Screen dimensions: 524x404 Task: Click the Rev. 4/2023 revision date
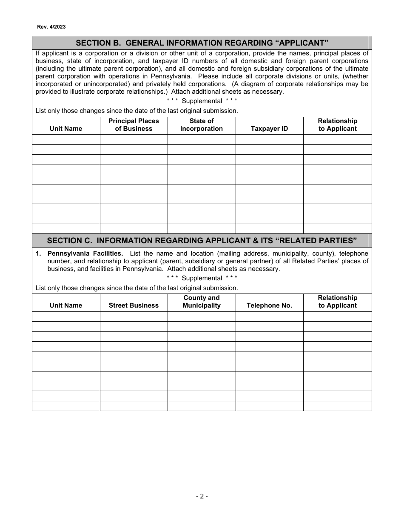[x=51, y=26]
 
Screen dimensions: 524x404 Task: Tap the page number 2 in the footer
[x=202, y=496]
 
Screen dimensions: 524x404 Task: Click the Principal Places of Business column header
[x=134, y=125]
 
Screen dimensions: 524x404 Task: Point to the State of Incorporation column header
[x=201, y=125]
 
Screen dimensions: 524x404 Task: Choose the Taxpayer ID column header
[x=269, y=129]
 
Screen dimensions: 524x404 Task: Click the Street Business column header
[x=134, y=305]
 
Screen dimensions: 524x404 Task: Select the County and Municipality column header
[x=201, y=302]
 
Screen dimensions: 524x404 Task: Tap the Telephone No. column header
[x=269, y=305]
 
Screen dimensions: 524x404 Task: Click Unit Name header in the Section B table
[x=66, y=129]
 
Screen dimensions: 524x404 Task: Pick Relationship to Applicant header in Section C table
[x=337, y=302]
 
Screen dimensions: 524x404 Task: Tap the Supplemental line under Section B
[x=202, y=101]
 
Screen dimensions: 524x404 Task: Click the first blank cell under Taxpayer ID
[x=269, y=140]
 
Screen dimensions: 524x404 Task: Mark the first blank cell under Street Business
[x=134, y=317]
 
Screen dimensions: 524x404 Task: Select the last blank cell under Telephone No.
[x=269, y=406]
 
